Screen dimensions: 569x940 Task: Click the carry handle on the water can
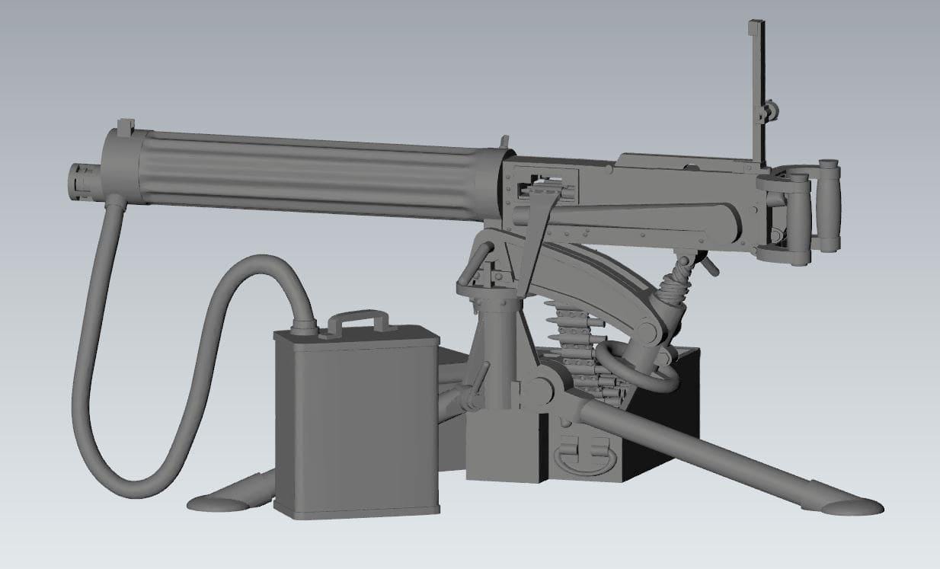coord(358,318)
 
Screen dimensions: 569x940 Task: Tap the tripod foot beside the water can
coord(221,501)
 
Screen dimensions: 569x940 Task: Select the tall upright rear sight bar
coord(757,91)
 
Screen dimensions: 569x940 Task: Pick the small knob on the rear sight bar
coord(771,111)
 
